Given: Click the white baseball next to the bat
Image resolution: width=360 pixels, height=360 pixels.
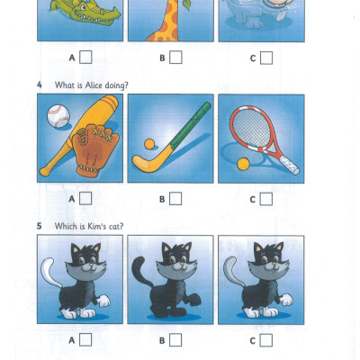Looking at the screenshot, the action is point(58,116).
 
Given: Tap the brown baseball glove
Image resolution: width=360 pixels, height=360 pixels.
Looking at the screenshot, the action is point(94,150).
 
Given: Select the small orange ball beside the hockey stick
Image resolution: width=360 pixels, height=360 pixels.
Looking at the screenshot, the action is point(149,144).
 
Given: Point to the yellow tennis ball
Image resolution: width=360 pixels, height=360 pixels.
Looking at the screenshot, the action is point(243,164).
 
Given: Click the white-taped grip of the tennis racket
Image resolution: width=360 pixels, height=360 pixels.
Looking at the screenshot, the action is point(289,165).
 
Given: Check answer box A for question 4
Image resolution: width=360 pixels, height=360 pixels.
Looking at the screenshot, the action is point(85,198).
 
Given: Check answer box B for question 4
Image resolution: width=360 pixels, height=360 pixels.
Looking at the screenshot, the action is point(175,199).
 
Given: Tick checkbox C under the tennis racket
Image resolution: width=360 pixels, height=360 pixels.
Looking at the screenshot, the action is point(266,199).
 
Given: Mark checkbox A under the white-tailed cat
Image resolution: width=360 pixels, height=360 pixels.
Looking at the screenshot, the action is point(85,339).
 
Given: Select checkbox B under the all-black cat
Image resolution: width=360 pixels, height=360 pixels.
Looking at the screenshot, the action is point(175,340).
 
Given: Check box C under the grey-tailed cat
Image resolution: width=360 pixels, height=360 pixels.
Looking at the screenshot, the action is point(266,340).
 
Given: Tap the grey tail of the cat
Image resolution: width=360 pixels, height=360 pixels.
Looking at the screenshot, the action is point(230,271).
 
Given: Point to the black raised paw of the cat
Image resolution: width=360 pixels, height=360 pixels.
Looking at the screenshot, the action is point(193,300).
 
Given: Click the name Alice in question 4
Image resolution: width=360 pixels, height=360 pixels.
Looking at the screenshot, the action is point(94,85).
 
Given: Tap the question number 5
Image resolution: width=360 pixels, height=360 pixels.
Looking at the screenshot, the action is point(40,226).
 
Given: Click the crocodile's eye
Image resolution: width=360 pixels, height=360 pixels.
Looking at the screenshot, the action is point(83,6).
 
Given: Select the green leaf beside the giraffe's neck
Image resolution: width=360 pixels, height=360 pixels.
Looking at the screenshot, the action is point(186,4).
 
